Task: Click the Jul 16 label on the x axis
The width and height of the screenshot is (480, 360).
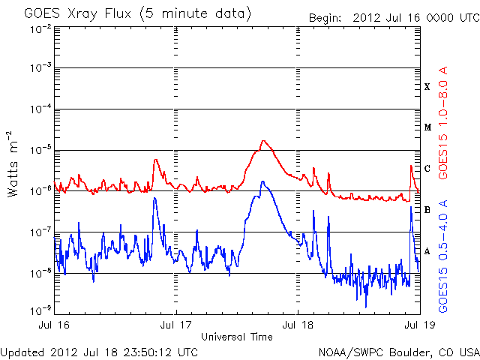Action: tap(55, 326)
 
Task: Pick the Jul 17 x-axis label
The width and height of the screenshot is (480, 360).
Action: tap(176, 326)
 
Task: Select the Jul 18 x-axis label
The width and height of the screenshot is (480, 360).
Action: tap(298, 326)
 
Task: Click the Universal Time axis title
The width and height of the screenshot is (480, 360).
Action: tap(237, 337)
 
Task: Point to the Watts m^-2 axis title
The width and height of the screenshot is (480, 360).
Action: tap(13, 163)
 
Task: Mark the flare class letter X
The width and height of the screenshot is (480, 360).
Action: tap(427, 87)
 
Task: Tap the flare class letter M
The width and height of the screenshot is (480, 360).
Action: tap(427, 127)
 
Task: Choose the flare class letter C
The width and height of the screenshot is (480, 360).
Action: tap(427, 168)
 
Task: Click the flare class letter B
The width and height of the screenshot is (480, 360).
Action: tap(427, 209)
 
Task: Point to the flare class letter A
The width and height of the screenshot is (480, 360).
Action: tap(427, 250)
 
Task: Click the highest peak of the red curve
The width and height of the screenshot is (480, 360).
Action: tap(263, 140)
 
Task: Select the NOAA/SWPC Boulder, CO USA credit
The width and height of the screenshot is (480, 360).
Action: tap(398, 351)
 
